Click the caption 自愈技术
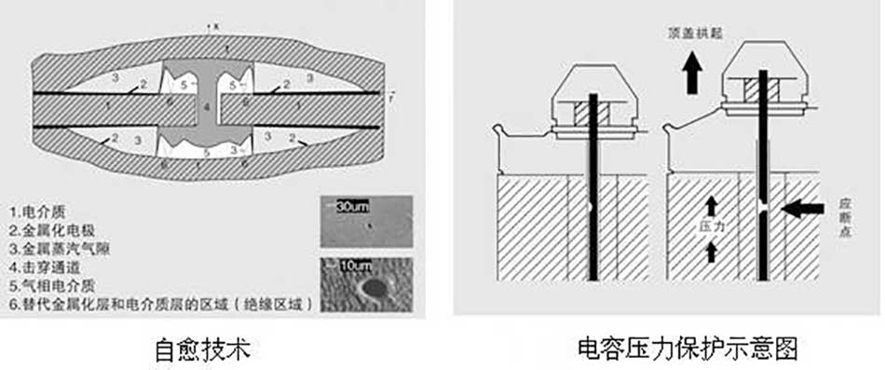tap(203, 350)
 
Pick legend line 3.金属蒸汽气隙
tap(61, 247)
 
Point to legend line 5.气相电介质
tap(56, 285)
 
